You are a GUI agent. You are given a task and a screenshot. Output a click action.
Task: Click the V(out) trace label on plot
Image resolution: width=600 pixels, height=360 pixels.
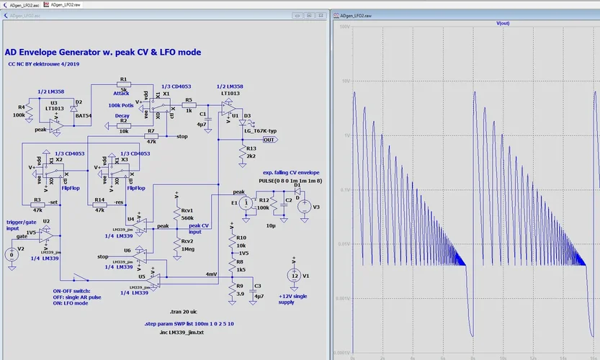(503, 24)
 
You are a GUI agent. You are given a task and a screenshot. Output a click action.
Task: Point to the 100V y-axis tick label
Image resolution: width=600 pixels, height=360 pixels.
(345, 27)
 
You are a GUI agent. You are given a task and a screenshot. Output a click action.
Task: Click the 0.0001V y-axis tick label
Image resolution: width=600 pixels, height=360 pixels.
(341, 354)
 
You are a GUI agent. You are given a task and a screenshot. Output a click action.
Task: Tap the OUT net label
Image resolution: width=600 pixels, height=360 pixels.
(249, 140)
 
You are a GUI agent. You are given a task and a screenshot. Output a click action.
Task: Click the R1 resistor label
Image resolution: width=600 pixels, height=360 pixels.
(123, 79)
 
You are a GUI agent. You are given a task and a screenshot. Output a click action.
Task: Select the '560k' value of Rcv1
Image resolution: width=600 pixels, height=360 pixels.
(187, 217)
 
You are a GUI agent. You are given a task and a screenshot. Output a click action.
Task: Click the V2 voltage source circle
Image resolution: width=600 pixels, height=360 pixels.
(11, 254)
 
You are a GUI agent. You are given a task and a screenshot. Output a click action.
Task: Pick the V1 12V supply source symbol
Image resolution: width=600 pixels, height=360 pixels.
(294, 275)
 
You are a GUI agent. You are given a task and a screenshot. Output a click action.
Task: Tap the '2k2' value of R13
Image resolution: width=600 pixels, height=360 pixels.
(251, 156)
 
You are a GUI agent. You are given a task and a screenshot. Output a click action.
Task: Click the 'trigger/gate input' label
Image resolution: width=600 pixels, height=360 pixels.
(20, 226)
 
